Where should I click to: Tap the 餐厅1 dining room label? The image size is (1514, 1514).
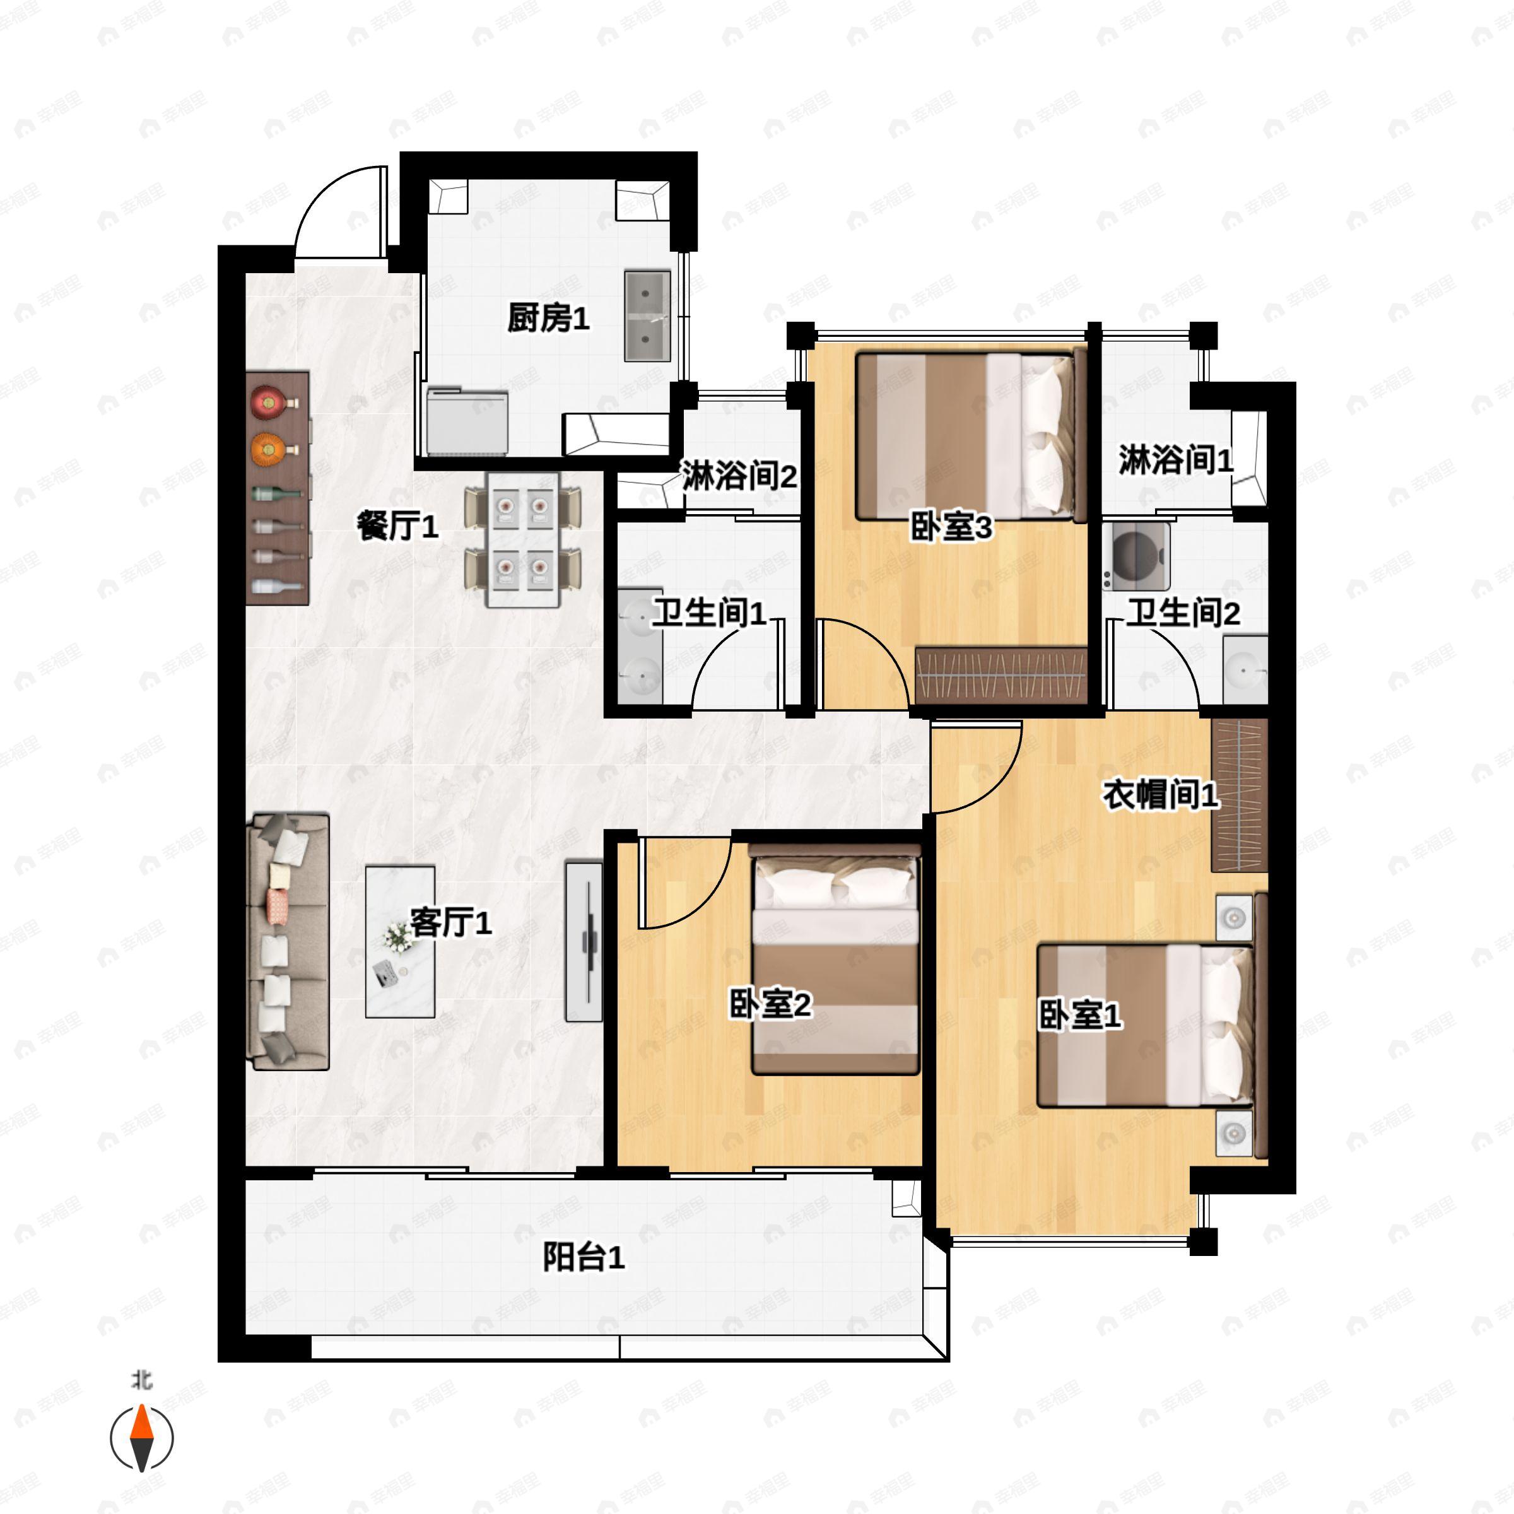[x=397, y=526]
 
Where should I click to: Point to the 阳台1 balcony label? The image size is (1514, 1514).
[x=584, y=1259]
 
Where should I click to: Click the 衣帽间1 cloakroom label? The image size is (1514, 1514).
[x=1161, y=795]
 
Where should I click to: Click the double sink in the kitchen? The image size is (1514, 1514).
[x=647, y=316]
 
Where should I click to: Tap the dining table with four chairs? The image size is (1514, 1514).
[x=523, y=539]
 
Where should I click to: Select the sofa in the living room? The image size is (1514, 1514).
[x=288, y=941]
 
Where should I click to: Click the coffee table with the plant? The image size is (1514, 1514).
[x=401, y=941]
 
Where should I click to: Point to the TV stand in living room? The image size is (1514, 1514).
[x=584, y=941]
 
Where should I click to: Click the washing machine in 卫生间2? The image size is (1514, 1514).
[x=1136, y=556]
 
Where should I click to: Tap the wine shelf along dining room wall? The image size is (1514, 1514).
[x=278, y=488]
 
